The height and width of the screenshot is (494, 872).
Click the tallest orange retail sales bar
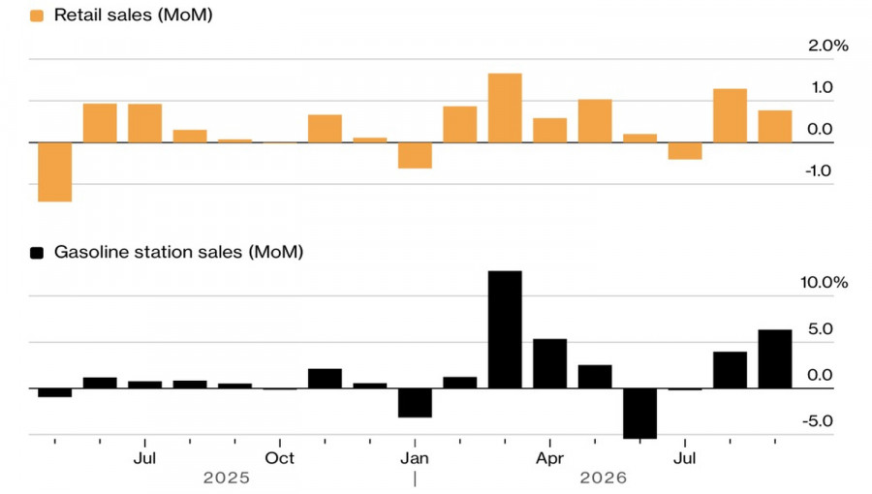point(505,108)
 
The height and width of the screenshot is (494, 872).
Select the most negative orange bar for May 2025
point(55,172)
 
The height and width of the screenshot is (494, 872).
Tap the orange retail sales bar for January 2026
point(415,156)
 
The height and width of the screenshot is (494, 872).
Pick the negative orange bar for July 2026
point(685,151)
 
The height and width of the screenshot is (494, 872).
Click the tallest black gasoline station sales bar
point(505,329)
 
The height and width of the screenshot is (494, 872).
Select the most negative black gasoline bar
point(640,414)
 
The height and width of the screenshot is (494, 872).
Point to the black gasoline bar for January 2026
point(415,403)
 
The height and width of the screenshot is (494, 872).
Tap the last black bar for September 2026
point(775,359)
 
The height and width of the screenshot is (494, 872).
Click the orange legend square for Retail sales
point(37,15)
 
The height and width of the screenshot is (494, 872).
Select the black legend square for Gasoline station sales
point(37,253)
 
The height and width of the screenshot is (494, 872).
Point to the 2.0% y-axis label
point(828,46)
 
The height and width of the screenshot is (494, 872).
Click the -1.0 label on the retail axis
point(819,170)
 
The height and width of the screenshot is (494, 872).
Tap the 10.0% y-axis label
point(825,282)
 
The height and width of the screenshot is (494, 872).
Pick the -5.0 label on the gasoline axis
point(818,420)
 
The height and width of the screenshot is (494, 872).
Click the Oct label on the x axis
point(280,458)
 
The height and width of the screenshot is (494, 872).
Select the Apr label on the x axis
point(550,458)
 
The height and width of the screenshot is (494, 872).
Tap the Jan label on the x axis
point(415,458)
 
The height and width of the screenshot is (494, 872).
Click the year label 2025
point(227,478)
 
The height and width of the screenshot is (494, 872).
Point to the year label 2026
point(604,478)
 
